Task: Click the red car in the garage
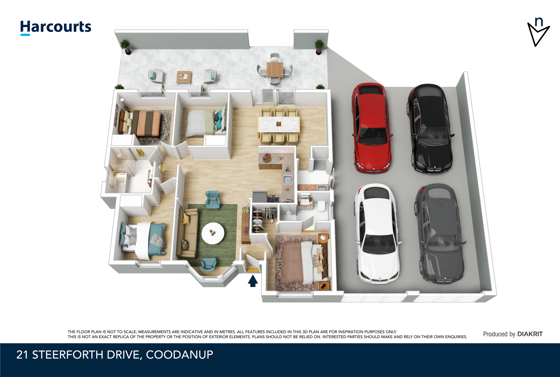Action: [x=372, y=128]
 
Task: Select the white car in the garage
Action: [x=377, y=234]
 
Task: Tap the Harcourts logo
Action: [x=56, y=28]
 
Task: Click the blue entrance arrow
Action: [x=253, y=281]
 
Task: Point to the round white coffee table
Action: [x=213, y=233]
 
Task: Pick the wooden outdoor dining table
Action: [x=275, y=69]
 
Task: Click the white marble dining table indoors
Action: [x=279, y=124]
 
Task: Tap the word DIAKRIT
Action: [x=530, y=334]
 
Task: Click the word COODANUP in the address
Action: [x=179, y=355]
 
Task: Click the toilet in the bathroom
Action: [x=322, y=206]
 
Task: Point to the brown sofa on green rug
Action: [x=187, y=234]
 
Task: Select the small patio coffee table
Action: [x=183, y=78]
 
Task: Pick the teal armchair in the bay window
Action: [x=208, y=264]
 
